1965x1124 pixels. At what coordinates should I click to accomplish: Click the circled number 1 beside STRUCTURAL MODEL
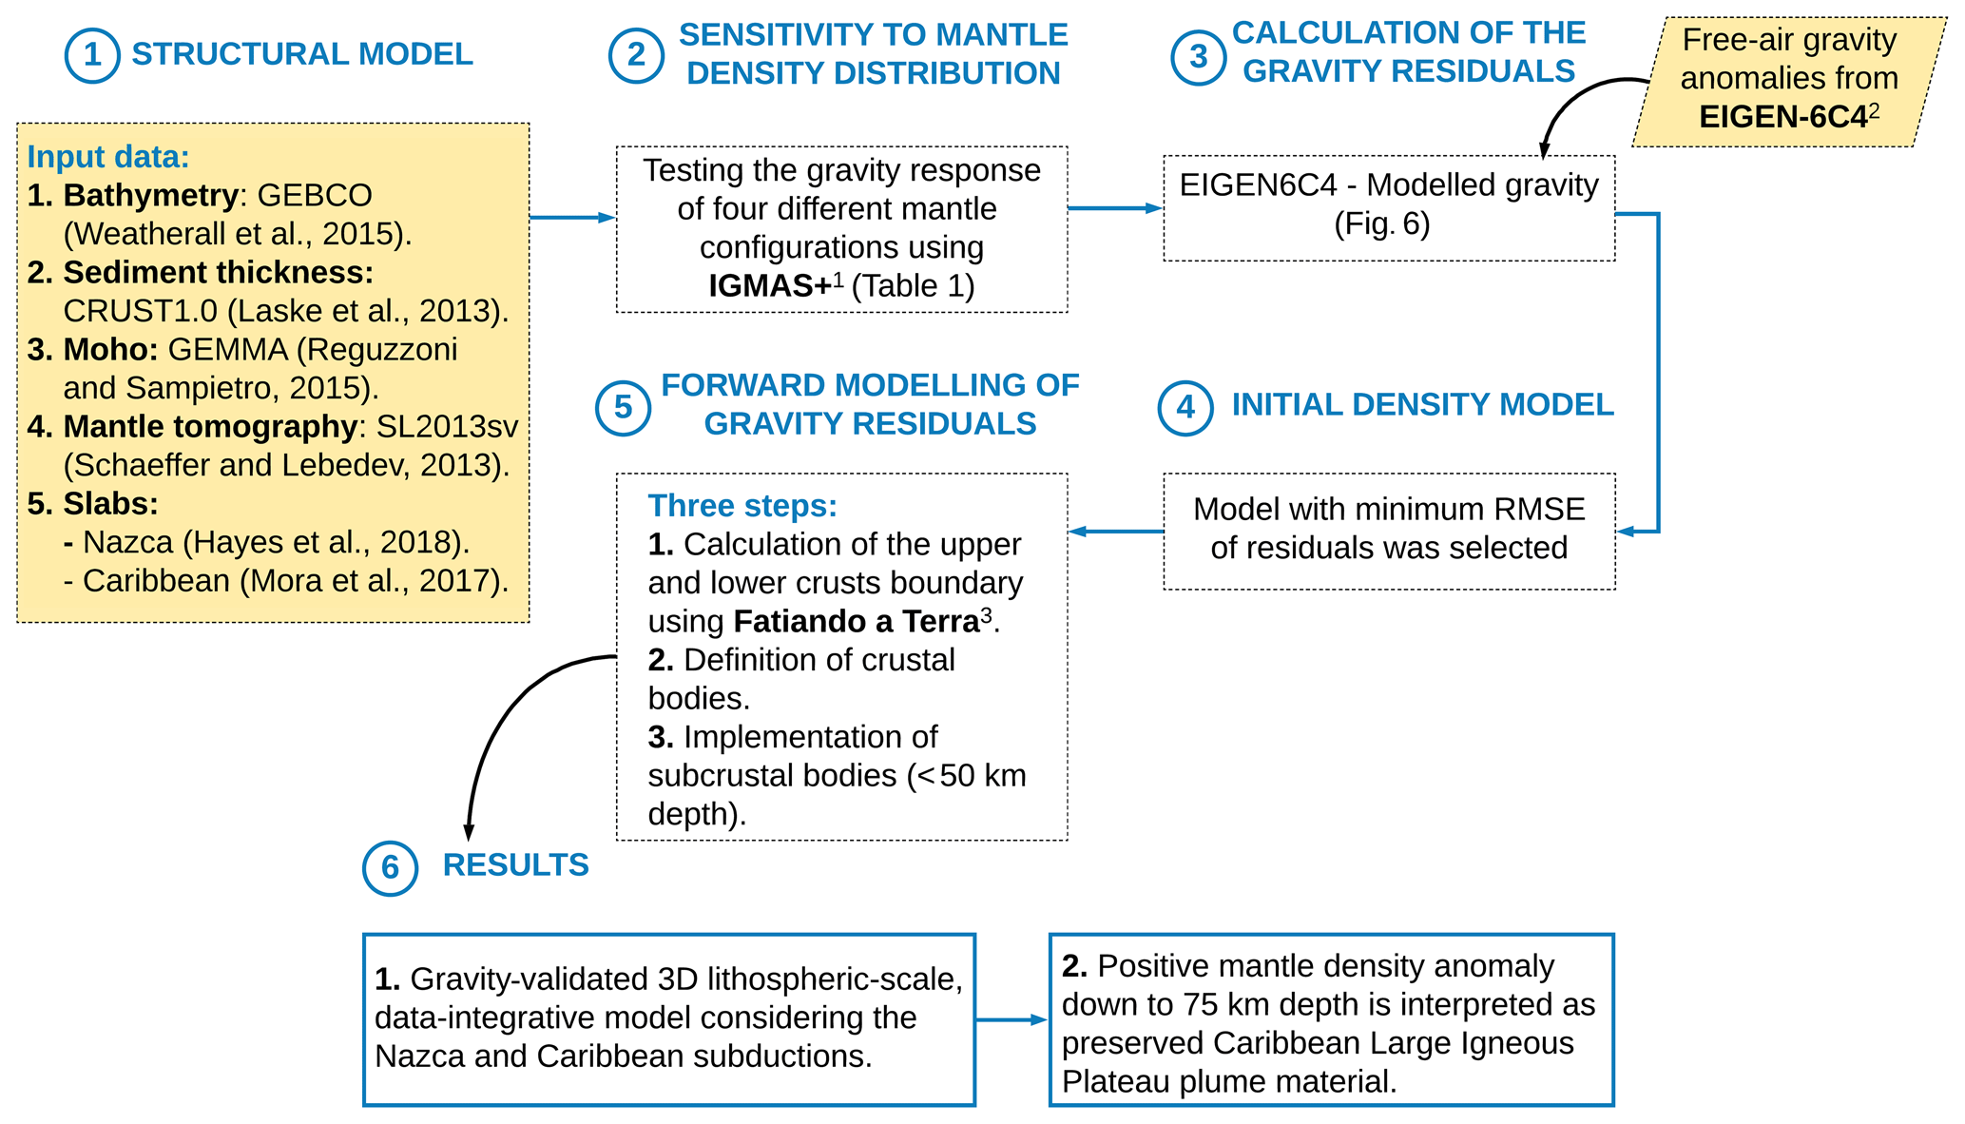point(92,55)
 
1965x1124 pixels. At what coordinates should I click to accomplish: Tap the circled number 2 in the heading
point(636,55)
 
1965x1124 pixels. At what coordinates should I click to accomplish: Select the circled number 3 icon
point(1199,57)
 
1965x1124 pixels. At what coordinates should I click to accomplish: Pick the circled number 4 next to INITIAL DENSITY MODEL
point(1185,408)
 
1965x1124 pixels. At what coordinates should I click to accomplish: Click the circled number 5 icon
point(623,408)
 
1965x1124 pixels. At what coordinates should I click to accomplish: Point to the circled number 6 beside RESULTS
point(390,868)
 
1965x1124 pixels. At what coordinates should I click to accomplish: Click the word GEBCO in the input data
point(315,196)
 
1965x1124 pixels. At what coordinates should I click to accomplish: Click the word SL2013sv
point(447,427)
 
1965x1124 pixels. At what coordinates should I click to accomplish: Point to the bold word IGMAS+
point(769,286)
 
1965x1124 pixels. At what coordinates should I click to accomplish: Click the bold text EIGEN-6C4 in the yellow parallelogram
point(1782,117)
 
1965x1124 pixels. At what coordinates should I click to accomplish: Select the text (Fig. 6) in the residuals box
point(1381,224)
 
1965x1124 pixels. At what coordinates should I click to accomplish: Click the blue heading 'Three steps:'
point(742,506)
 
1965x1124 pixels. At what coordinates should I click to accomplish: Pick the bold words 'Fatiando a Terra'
point(856,622)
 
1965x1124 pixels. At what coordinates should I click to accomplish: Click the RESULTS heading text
point(515,865)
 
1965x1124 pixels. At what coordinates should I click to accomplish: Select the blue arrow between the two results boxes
point(1011,1020)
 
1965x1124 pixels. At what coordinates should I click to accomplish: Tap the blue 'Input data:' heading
point(108,157)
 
